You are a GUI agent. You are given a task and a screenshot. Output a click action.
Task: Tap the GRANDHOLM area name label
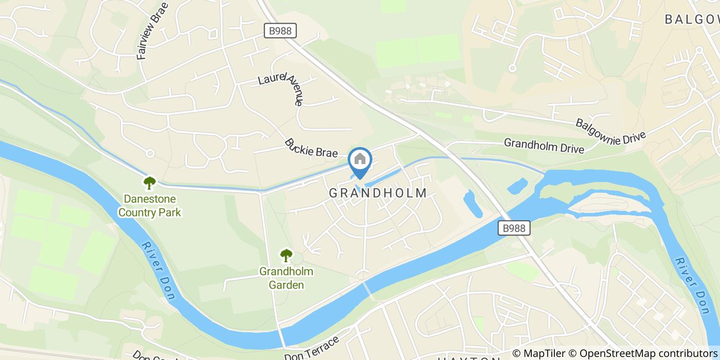coord(378,193)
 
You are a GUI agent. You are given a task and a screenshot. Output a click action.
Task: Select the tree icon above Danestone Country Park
coord(150,182)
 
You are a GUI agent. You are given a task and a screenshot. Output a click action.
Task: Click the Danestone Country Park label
coord(150,205)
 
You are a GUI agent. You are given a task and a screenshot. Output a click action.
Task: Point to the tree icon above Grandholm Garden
coord(286,255)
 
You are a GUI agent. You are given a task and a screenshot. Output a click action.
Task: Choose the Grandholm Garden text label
coord(286,278)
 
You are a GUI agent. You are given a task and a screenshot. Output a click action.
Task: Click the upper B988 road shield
coord(280,31)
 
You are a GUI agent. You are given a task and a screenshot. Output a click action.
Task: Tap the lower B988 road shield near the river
coord(514,228)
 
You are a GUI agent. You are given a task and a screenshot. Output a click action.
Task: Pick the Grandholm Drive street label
coord(544,146)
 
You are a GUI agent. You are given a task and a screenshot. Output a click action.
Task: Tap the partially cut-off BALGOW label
coord(692,20)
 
